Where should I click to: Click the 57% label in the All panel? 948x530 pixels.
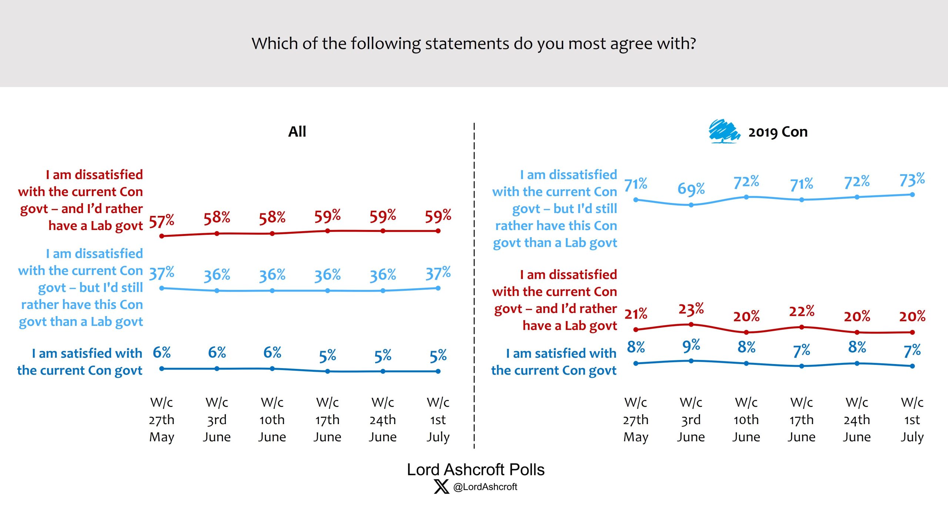161,221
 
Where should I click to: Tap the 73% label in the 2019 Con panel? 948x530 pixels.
912,180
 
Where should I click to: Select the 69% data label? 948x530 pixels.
691,189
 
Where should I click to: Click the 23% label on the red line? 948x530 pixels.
691,309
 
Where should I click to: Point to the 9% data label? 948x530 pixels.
691,346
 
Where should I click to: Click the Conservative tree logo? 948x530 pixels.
724,131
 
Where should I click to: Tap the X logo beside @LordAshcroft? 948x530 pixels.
441,486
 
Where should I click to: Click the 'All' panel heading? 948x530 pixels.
297,131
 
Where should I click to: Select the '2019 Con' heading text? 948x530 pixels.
778,132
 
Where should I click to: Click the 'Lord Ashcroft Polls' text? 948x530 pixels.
475,470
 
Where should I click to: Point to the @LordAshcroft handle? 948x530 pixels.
485,487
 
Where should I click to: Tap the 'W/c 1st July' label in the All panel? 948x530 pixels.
438,420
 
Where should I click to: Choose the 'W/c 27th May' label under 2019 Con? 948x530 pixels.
636,420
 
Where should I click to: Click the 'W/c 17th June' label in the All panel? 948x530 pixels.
327,420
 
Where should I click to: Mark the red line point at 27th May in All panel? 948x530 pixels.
162,236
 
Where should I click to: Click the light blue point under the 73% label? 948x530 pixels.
912,194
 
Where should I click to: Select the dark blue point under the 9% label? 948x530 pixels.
691,361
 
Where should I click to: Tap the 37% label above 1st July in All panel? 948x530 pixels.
438,273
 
